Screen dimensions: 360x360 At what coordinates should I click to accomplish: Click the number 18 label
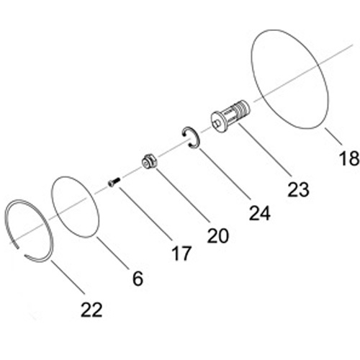pyautogui.click(x=349, y=158)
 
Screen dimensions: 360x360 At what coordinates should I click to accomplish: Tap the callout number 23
pyautogui.click(x=298, y=189)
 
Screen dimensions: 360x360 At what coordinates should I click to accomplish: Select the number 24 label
pyautogui.click(x=260, y=213)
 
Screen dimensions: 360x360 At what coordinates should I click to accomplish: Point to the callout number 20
pyautogui.click(x=218, y=235)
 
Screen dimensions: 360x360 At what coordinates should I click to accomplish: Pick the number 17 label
pyautogui.click(x=181, y=253)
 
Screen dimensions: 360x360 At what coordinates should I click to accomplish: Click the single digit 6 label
pyautogui.click(x=138, y=278)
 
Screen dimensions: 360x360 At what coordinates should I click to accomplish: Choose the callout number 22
pyautogui.click(x=91, y=310)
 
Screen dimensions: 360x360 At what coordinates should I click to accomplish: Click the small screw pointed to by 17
pyautogui.click(x=114, y=182)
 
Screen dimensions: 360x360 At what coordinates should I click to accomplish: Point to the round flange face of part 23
pyautogui.click(x=218, y=122)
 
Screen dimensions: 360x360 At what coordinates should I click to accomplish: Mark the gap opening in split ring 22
pyautogui.click(x=21, y=251)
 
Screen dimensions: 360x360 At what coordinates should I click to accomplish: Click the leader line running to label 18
pyautogui.click(x=333, y=136)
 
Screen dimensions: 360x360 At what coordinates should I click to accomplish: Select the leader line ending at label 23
pyautogui.click(x=265, y=150)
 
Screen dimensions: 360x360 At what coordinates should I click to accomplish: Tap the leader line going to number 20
pyautogui.click(x=183, y=194)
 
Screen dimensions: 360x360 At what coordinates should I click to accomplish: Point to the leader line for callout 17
pyautogui.click(x=145, y=214)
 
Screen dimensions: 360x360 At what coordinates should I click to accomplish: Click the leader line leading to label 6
pyautogui.click(x=112, y=253)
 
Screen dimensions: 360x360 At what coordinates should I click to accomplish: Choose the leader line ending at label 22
pyautogui.click(x=68, y=277)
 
